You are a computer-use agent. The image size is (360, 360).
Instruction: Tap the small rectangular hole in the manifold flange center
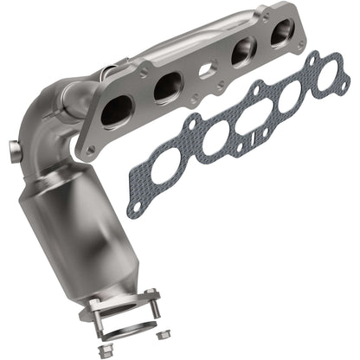point(207,70)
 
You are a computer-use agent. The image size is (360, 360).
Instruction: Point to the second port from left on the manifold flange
point(166,87)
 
